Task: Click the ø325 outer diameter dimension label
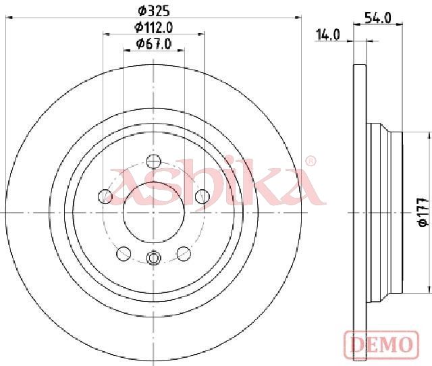[153, 11]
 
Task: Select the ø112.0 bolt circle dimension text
[154, 27]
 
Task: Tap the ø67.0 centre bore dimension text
[154, 44]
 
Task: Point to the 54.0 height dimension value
[378, 18]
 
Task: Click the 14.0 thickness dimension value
[328, 35]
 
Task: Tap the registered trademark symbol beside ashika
[310, 161]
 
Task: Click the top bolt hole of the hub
[153, 161]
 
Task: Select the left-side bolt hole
[105, 197]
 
